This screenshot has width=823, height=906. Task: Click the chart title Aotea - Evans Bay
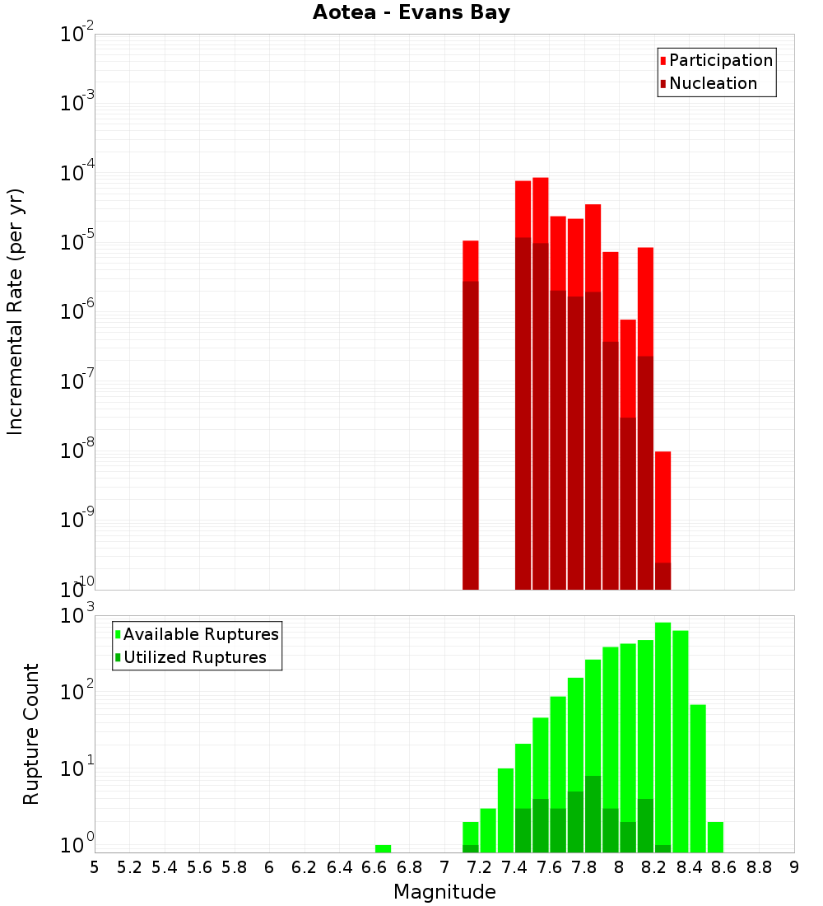[411, 12]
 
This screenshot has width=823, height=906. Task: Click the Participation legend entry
[720, 60]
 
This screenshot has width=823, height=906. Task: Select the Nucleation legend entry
[712, 83]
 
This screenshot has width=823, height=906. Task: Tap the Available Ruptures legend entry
[200, 634]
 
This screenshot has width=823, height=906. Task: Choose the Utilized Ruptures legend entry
[194, 657]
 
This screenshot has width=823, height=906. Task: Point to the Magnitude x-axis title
[444, 892]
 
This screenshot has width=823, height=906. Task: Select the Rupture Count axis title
[31, 734]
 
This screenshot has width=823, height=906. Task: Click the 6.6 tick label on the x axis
[374, 867]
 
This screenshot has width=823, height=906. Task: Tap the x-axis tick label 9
[794, 867]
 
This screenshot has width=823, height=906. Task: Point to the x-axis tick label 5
[95, 867]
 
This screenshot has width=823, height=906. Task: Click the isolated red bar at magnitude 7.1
[471, 412]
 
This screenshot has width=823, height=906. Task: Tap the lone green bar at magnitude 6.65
[383, 848]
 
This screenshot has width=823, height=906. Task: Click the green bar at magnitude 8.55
[715, 836]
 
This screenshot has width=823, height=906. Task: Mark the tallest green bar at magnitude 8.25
[663, 733]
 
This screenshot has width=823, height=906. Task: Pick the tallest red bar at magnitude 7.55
[541, 379]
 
